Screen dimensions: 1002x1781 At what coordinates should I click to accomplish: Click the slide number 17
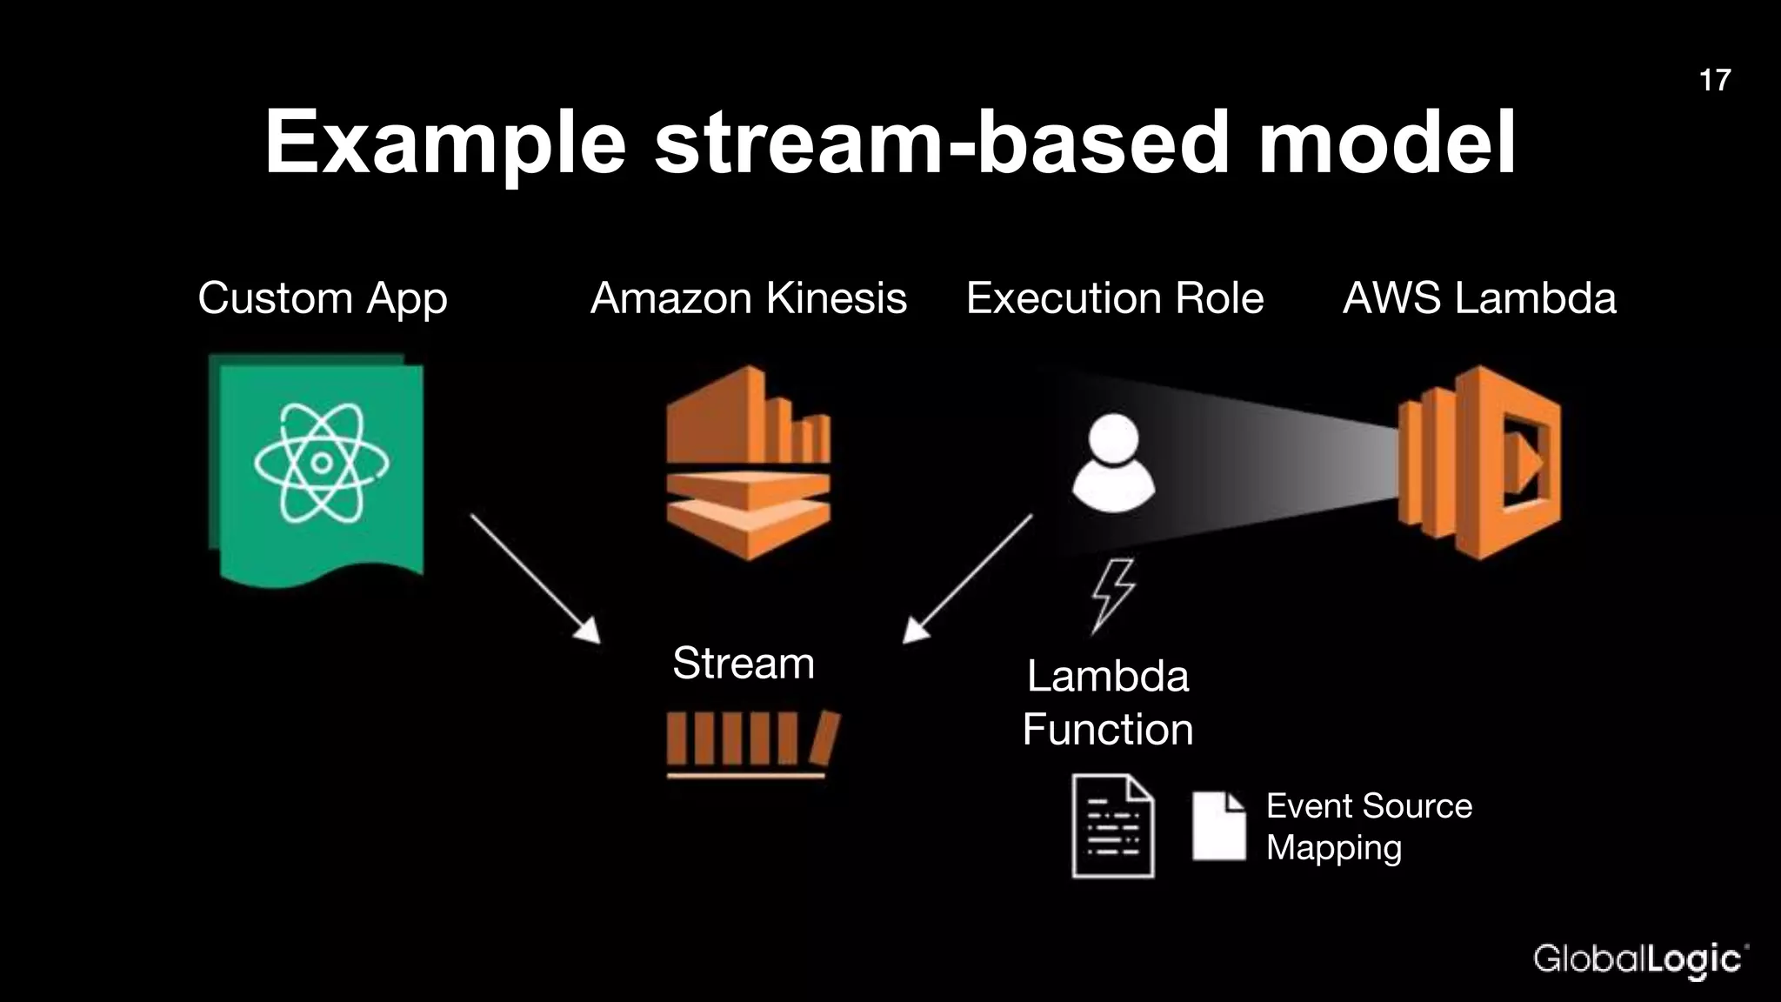[1714, 80]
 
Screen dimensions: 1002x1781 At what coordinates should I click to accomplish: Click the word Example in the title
[445, 144]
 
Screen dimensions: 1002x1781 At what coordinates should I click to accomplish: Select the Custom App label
[323, 298]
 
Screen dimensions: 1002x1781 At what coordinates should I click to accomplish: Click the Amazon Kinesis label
[749, 298]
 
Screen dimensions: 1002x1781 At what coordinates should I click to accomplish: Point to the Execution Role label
[1115, 298]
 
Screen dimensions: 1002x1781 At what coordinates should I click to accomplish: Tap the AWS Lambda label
[1479, 298]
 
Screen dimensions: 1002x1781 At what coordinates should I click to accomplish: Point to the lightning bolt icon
[1113, 595]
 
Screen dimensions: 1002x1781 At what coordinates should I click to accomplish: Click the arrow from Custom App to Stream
[534, 578]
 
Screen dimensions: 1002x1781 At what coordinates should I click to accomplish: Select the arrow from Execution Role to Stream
[967, 578]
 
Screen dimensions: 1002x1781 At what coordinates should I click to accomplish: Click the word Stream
[744, 664]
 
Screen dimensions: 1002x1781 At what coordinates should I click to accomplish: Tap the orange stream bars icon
[752, 742]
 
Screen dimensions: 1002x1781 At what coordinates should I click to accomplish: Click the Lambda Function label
[1107, 703]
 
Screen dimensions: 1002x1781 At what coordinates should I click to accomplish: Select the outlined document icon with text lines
[1113, 825]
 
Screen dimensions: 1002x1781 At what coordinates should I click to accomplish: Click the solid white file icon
[1218, 825]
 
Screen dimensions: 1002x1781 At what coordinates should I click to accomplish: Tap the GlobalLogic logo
[1640, 960]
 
